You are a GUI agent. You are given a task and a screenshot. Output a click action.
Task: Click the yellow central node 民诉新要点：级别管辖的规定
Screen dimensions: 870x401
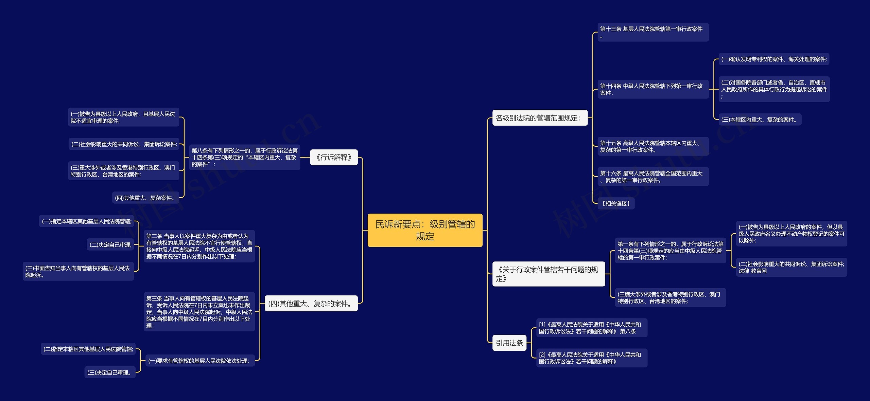(x=425, y=230)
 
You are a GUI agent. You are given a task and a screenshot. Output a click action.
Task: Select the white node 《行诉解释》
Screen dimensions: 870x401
(x=334, y=157)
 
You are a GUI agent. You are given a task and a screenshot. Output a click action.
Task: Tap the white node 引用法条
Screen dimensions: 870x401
(x=509, y=343)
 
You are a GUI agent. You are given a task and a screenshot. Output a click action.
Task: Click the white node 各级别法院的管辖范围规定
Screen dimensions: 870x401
(x=540, y=118)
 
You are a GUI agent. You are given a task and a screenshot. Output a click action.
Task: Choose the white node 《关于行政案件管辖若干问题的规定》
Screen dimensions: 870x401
(x=549, y=274)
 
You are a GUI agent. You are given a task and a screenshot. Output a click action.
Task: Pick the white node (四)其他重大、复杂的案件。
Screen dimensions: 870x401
(x=311, y=303)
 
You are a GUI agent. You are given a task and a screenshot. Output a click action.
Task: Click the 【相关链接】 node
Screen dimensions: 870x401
(x=616, y=203)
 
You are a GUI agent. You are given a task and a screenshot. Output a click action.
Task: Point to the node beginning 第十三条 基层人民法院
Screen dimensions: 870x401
(x=653, y=32)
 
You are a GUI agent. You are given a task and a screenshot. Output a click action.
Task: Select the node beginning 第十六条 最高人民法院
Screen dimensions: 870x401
(x=653, y=177)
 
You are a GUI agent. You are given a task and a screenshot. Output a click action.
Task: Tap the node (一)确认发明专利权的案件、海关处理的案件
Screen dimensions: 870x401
(x=773, y=59)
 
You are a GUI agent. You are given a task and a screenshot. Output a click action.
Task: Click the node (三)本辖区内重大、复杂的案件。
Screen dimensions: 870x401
(x=760, y=120)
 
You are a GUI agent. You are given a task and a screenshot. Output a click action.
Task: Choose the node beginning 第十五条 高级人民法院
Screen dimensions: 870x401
(x=653, y=146)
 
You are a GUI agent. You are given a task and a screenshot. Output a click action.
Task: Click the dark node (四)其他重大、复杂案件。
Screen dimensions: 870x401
(x=145, y=198)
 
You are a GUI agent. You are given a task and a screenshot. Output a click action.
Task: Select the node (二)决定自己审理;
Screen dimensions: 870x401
(x=110, y=244)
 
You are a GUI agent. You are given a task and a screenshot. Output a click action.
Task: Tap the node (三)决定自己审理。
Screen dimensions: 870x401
(x=110, y=372)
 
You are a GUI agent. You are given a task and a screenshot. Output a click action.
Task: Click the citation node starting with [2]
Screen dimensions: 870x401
(x=591, y=358)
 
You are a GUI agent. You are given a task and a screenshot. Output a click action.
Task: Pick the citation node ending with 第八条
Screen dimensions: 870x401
(x=591, y=328)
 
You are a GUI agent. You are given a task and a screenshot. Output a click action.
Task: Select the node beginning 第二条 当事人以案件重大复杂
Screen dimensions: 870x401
(x=199, y=246)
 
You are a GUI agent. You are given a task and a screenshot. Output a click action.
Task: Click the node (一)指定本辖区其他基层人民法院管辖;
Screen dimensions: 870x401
(x=87, y=221)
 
